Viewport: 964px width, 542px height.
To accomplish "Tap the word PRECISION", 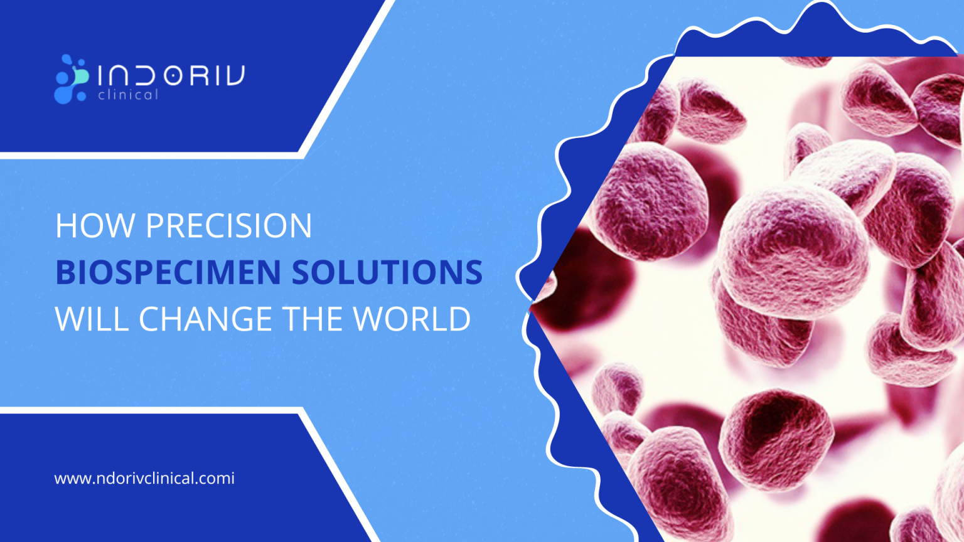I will [x=229, y=226].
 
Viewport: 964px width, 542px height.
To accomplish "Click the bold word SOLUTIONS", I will [x=387, y=272].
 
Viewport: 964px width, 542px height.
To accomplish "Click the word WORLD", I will [x=412, y=319].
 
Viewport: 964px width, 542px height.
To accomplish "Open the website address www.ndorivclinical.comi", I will [x=144, y=479].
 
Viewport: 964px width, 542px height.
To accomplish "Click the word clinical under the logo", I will [x=128, y=95].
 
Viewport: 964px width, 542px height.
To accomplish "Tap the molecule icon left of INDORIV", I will [x=71, y=79].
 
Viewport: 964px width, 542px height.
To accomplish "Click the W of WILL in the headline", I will [x=68, y=319].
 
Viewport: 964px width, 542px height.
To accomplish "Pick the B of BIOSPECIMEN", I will [x=64, y=272].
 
